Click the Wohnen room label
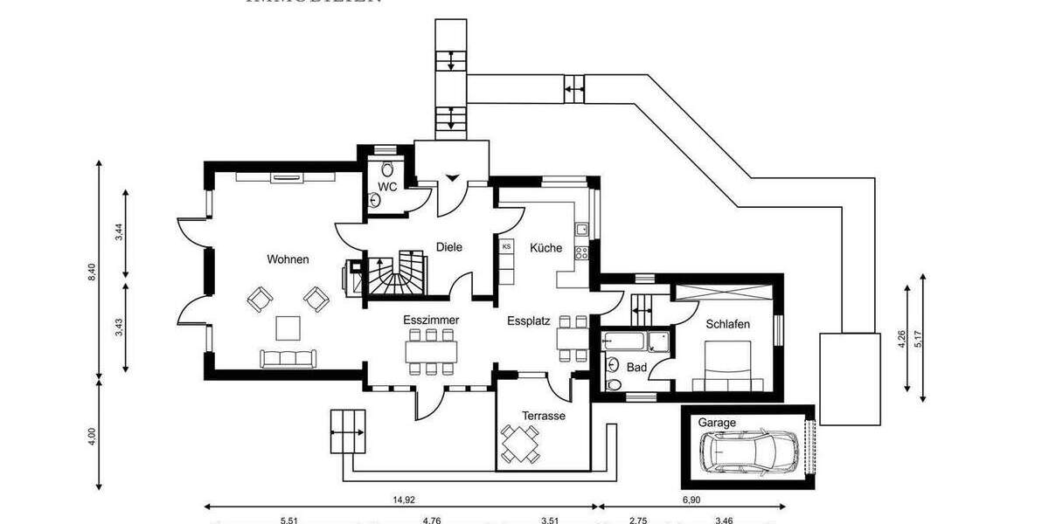(x=288, y=259)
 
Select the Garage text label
(x=716, y=423)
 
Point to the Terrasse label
(x=544, y=416)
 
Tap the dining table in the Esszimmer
(x=431, y=351)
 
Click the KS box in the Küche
(x=507, y=247)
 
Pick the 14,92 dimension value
(x=403, y=500)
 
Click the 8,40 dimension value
(x=91, y=272)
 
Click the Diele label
(x=448, y=247)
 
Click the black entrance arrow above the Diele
(x=452, y=178)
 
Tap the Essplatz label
(x=528, y=321)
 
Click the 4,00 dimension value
(x=91, y=434)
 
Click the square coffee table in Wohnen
(x=288, y=327)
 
